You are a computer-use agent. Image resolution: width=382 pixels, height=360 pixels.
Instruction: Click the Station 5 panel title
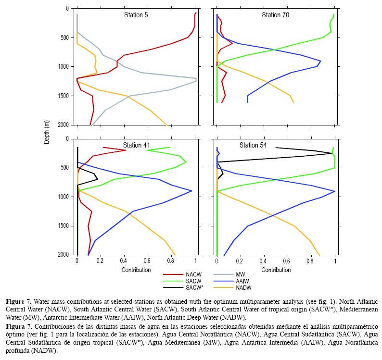135,15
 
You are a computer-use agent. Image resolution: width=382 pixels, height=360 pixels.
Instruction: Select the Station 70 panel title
275,15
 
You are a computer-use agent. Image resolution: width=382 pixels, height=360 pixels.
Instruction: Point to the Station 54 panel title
254,145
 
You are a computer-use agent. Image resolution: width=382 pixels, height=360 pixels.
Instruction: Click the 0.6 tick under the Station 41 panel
148,262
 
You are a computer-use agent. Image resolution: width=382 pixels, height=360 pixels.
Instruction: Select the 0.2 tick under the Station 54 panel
241,262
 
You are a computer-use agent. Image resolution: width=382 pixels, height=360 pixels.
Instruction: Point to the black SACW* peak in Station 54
331,153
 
